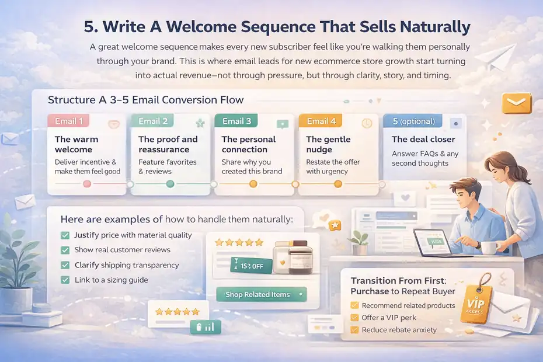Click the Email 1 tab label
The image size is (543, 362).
pos(69,121)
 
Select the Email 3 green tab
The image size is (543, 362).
pos(236,121)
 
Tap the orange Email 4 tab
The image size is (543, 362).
pos(321,121)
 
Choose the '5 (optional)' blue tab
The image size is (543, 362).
pos(413,121)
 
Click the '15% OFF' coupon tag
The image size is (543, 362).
pos(251,266)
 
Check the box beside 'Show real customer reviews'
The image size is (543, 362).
pos(65,250)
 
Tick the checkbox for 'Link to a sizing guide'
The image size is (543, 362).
pos(65,280)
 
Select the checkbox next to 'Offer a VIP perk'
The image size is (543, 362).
pos(354,318)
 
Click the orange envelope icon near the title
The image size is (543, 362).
pos(516,103)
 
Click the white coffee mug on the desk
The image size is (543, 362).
pos(488,247)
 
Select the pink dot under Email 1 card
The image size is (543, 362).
pos(88,184)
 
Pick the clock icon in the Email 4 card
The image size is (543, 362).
pos(367,123)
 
